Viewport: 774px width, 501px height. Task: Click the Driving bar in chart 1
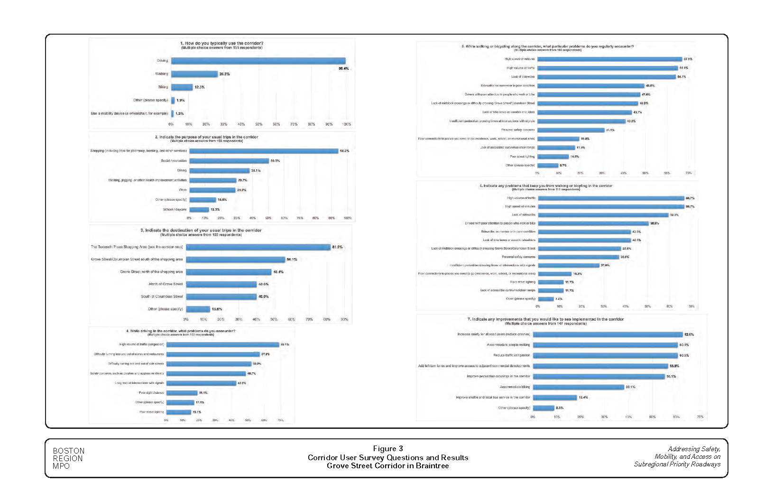258,61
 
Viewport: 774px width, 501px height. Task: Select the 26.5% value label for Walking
224,74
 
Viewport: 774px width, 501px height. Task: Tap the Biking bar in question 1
182,87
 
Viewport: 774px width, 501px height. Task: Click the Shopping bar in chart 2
264,151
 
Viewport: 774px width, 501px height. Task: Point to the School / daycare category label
175,209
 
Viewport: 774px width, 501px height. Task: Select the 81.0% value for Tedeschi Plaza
337,247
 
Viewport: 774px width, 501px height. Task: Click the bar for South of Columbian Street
221,297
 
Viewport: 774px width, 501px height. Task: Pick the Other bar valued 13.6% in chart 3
198,309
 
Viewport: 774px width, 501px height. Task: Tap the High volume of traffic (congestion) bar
222,344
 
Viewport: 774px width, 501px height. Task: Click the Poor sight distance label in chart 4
151,393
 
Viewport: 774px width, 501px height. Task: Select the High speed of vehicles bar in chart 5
609,59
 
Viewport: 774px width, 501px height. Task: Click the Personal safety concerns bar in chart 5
571,130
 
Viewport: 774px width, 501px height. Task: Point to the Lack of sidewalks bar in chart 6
603,215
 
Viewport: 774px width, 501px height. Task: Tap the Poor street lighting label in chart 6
523,282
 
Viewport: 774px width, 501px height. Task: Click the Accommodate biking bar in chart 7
579,387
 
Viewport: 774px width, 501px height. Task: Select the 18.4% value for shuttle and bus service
583,398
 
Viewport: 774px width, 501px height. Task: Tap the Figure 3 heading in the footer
387,449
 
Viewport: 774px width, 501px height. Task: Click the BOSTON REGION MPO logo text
68,458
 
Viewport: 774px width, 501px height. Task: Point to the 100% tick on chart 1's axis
347,124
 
